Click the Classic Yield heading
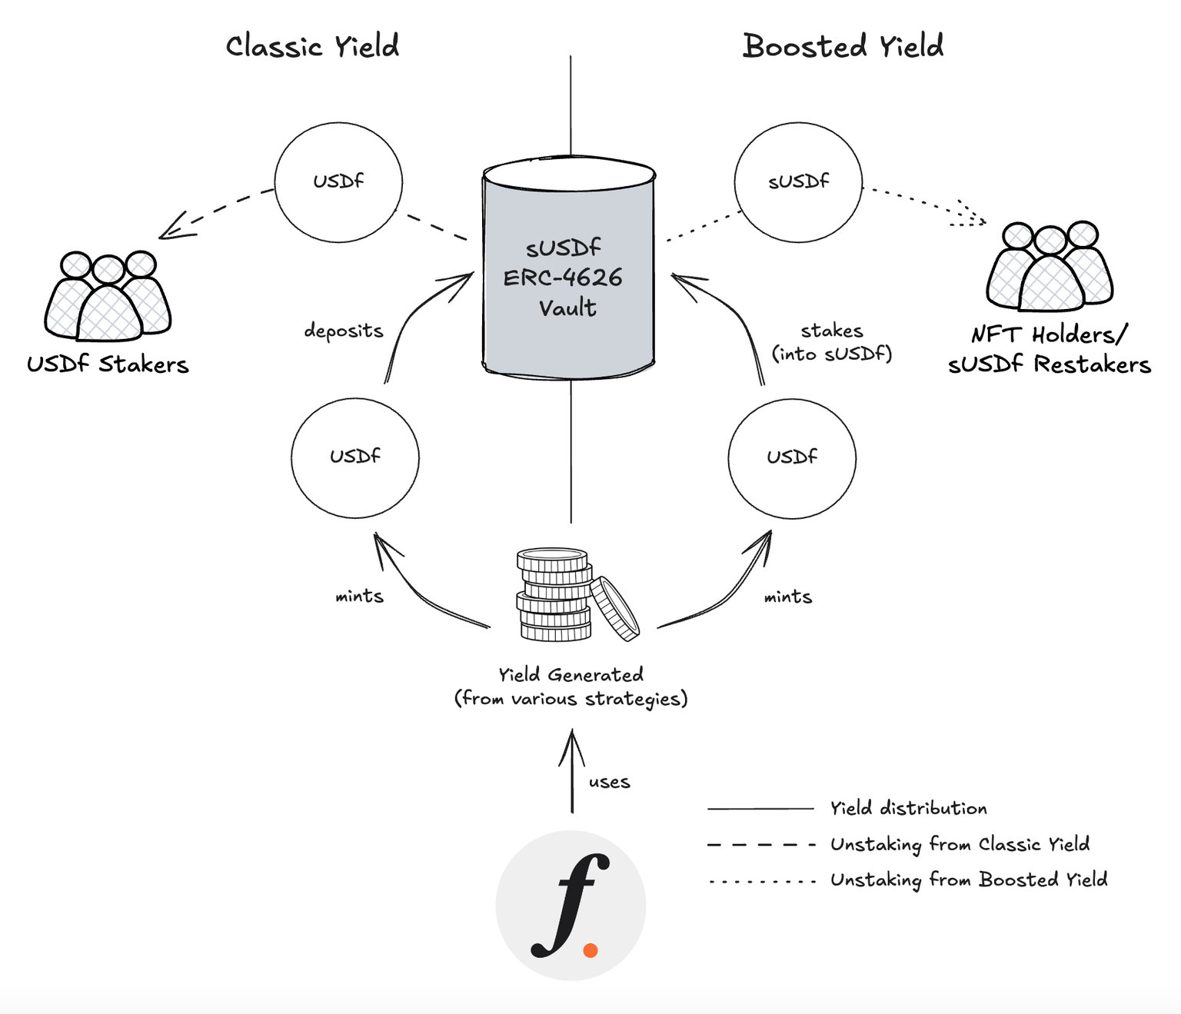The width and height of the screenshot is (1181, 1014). [x=312, y=47]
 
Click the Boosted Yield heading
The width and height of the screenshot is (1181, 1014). [x=843, y=46]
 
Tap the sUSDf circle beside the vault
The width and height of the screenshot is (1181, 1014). [x=798, y=182]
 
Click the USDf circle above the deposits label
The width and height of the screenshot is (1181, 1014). [x=338, y=182]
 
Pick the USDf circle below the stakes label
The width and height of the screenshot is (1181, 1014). [x=792, y=457]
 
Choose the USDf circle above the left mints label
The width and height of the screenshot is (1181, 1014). [x=355, y=457]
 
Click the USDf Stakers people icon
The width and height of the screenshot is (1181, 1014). [x=108, y=296]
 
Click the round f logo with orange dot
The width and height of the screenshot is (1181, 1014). [x=571, y=905]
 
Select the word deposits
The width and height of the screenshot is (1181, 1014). [x=343, y=331]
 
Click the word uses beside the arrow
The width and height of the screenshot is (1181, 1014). [x=609, y=783]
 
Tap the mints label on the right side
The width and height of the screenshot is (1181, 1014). [x=787, y=597]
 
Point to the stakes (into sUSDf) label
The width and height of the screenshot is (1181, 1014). [x=832, y=342]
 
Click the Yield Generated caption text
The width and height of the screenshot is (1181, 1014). [x=571, y=687]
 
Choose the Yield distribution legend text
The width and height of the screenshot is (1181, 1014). [x=908, y=808]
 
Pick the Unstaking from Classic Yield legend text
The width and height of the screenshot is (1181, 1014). [x=960, y=844]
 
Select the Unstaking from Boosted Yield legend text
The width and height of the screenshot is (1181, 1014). [x=969, y=879]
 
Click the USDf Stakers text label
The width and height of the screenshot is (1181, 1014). [x=108, y=364]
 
